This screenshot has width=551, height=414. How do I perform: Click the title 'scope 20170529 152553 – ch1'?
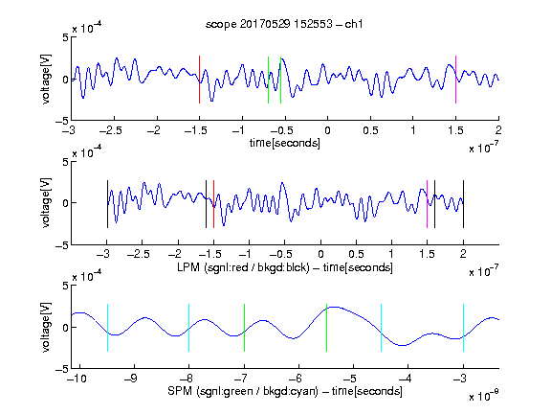tap(284, 24)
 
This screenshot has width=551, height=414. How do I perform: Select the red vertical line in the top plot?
tap(199, 80)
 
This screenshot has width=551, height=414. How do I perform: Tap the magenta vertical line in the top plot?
tap(455, 80)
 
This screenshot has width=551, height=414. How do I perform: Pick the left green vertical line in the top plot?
tap(268, 80)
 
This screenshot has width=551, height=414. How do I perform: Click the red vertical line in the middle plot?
tap(213, 204)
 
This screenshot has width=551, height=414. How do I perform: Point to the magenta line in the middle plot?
tap(427, 204)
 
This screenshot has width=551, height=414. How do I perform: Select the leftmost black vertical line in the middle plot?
tap(107, 204)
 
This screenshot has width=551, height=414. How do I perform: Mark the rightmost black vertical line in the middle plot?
tap(463, 204)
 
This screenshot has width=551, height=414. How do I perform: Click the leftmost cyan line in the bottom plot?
tap(107, 328)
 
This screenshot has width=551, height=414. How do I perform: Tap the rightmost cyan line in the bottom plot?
tap(463, 328)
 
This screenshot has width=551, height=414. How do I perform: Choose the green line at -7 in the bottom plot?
tap(244, 328)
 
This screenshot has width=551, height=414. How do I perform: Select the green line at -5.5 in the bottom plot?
tap(326, 328)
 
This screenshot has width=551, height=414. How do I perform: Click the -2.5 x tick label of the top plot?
tap(111, 130)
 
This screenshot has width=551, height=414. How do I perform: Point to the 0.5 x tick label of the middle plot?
tap(356, 254)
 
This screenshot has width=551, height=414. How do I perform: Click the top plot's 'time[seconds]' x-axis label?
tap(285, 143)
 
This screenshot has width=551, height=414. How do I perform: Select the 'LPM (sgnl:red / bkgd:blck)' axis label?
tap(243, 267)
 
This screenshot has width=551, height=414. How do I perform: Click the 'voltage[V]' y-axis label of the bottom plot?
tap(46, 327)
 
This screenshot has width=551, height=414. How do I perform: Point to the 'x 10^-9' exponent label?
tap(483, 396)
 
